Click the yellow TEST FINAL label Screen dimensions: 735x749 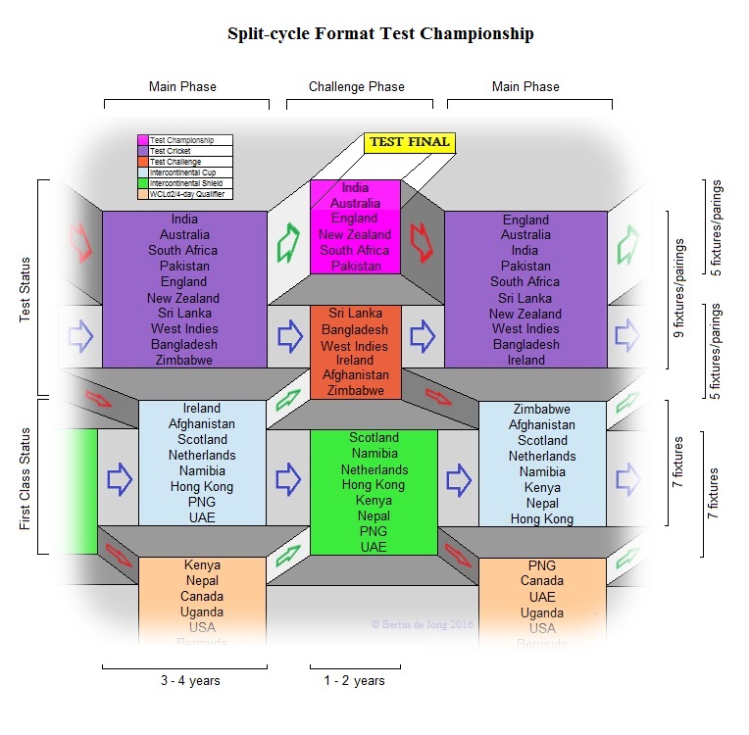click(x=409, y=142)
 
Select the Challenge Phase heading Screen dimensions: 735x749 click(x=357, y=86)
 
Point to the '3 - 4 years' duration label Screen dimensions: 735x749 click(x=183, y=680)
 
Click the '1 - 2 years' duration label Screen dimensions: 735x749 click(x=354, y=680)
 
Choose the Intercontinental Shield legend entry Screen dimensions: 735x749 click(x=184, y=183)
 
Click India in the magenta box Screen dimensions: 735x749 click(x=355, y=188)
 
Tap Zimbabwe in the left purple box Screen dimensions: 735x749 click(x=184, y=360)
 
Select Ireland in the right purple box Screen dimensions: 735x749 click(x=525, y=360)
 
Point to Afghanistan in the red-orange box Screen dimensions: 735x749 click(x=355, y=374)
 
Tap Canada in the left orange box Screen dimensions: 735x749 click(x=201, y=596)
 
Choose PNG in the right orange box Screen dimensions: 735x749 click(x=541, y=565)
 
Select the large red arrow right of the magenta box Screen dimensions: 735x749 click(x=422, y=242)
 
